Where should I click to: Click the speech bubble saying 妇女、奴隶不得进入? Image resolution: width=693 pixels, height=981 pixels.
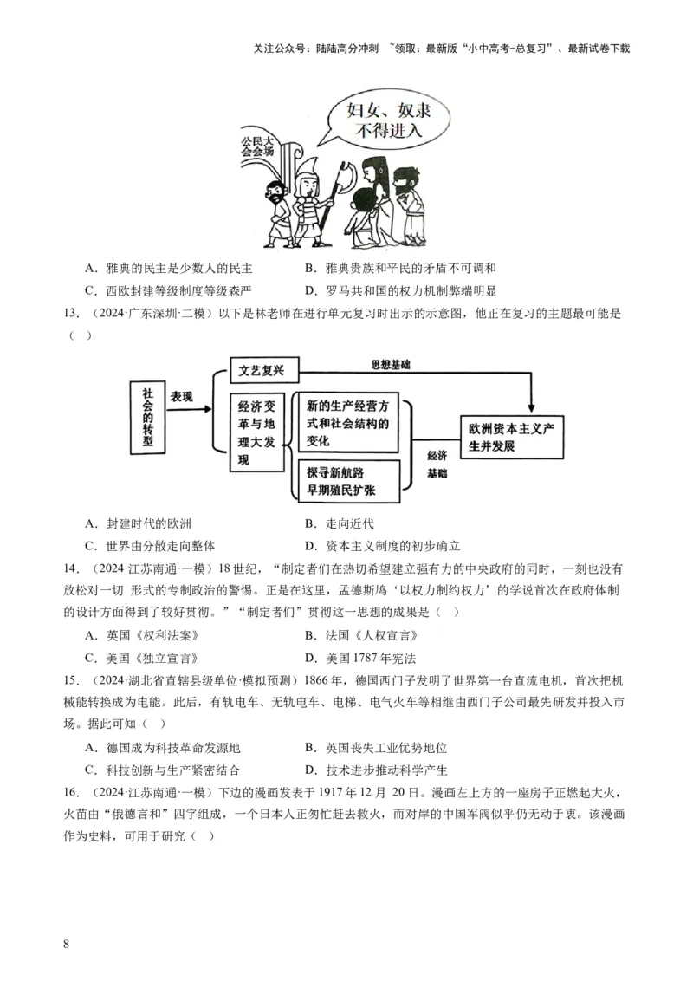coord(383,121)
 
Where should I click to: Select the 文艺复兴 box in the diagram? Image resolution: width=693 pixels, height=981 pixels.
coord(263,371)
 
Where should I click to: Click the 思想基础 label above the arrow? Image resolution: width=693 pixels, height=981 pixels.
coord(390,365)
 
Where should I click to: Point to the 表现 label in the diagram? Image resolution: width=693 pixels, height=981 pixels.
coord(181,395)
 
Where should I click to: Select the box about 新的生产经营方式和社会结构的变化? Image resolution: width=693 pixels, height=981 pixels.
coord(351,423)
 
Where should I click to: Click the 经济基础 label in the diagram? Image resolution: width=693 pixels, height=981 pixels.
coord(437,465)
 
